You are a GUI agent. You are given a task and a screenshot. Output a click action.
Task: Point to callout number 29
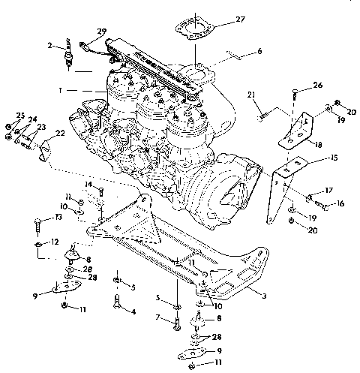pos(102,32)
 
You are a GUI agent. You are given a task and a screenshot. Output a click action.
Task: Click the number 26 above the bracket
pos(317,85)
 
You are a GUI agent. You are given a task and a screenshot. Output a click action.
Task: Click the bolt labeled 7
pos(175,325)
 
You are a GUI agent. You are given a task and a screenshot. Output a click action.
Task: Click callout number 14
pos(88,185)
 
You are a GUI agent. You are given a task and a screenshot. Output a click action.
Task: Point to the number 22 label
pos(58,133)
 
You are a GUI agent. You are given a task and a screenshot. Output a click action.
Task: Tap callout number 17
pos(328,191)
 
